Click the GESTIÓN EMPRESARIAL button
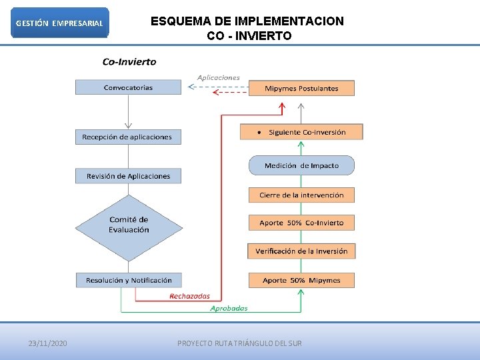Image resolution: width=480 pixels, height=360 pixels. pyautogui.click(x=59, y=23)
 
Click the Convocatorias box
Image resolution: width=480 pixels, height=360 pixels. pyautogui.click(x=128, y=87)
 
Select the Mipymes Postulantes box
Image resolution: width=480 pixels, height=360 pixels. pyautogui.click(x=301, y=88)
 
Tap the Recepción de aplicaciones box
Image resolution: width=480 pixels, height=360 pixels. pyautogui.click(x=127, y=137)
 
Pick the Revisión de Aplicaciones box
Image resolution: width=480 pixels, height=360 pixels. pyautogui.click(x=128, y=176)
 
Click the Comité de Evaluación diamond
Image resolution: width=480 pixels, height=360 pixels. pyautogui.click(x=129, y=225)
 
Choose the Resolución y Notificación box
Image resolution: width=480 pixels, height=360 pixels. pyautogui.click(x=129, y=280)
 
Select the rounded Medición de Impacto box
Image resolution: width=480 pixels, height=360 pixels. pyautogui.click(x=301, y=165)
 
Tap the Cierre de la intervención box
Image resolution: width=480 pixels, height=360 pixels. pyautogui.click(x=301, y=195)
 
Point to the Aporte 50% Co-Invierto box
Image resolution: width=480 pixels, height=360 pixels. pyautogui.click(x=301, y=223)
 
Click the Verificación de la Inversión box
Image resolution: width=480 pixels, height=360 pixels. pyautogui.click(x=301, y=251)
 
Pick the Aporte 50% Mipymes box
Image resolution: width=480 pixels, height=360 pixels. pyautogui.click(x=301, y=280)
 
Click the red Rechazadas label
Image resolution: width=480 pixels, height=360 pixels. pyautogui.click(x=189, y=296)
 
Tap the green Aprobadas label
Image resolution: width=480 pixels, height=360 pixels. pyautogui.click(x=229, y=308)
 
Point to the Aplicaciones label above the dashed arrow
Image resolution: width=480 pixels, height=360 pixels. pyautogui.click(x=218, y=77)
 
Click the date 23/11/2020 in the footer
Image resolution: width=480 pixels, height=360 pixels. pyautogui.click(x=47, y=343)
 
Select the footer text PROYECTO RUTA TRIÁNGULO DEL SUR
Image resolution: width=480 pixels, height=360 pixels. pyautogui.click(x=239, y=343)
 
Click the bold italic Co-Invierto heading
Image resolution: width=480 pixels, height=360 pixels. pyautogui.click(x=129, y=62)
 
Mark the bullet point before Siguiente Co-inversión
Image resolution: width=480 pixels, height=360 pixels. pyautogui.click(x=259, y=132)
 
